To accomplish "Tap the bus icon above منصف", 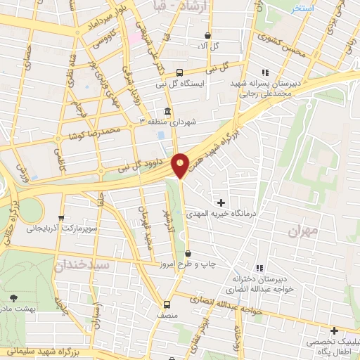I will click(167, 304).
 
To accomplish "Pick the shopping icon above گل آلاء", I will click(207, 35).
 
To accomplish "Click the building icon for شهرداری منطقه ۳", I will click(167, 111).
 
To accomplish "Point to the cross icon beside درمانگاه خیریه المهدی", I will click(221, 202).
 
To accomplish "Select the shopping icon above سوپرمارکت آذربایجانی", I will click(63, 217).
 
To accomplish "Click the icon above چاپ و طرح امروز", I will click(187, 252).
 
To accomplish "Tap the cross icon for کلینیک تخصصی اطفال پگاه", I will click(334, 330).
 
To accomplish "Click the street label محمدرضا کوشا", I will click(88, 131).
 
